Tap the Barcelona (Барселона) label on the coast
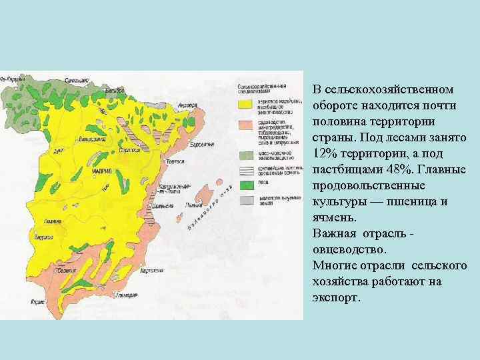pyautogui.click(x=202, y=144)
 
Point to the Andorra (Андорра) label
pyautogui.click(x=186, y=105)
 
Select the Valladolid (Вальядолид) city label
pyautogui.click(x=92, y=139)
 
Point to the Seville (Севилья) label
pyautogui.click(x=65, y=270)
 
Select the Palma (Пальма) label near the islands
pyautogui.click(x=195, y=205)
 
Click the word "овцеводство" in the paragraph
pyautogui.click(x=349, y=249)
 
